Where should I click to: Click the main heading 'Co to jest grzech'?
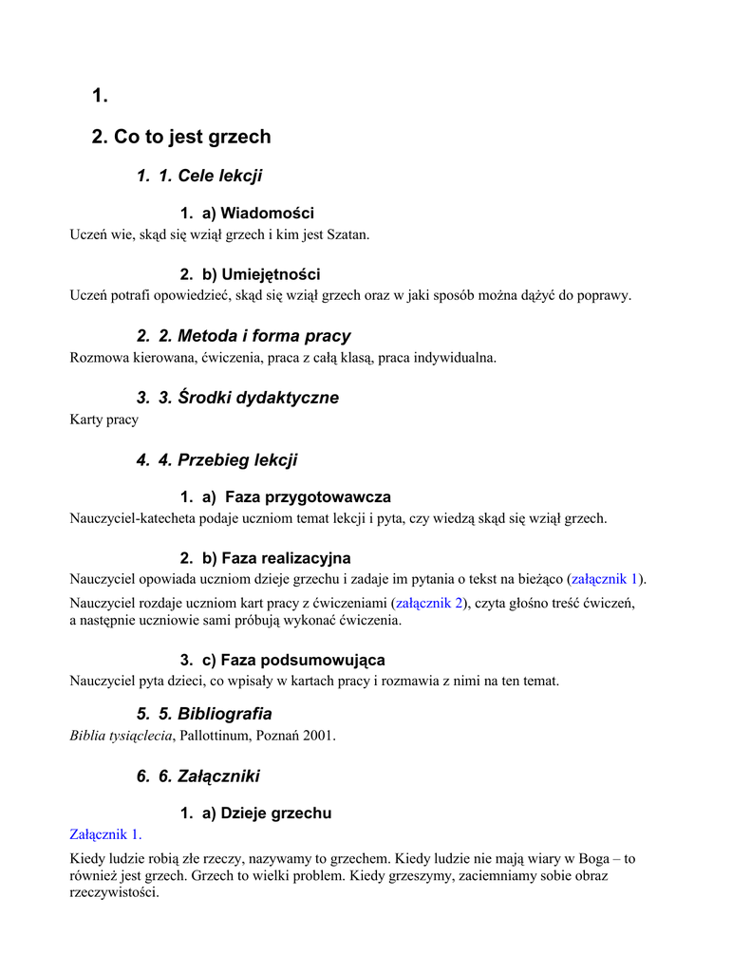[x=192, y=137]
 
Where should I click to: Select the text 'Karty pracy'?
[x=104, y=420]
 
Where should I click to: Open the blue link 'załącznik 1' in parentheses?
[x=606, y=579]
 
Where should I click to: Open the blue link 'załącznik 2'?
[x=429, y=603]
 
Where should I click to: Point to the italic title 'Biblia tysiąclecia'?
[x=122, y=736]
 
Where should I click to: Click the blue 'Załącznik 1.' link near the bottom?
[x=106, y=834]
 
